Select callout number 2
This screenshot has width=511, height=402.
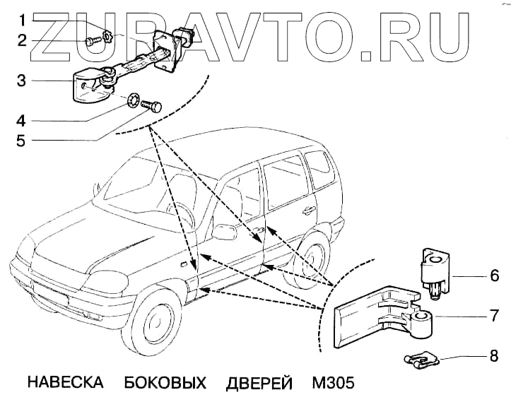(x=21, y=40)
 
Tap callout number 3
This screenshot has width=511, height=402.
(x=21, y=81)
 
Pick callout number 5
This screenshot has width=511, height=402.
(x=21, y=141)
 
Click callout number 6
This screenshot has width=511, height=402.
(x=495, y=274)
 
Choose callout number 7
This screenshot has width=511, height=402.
(x=495, y=316)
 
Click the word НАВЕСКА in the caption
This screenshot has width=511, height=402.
(x=65, y=384)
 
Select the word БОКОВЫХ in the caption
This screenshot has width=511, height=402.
(x=165, y=384)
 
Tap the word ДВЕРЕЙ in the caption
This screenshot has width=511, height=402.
(x=259, y=384)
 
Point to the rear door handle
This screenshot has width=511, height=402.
(x=308, y=210)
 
